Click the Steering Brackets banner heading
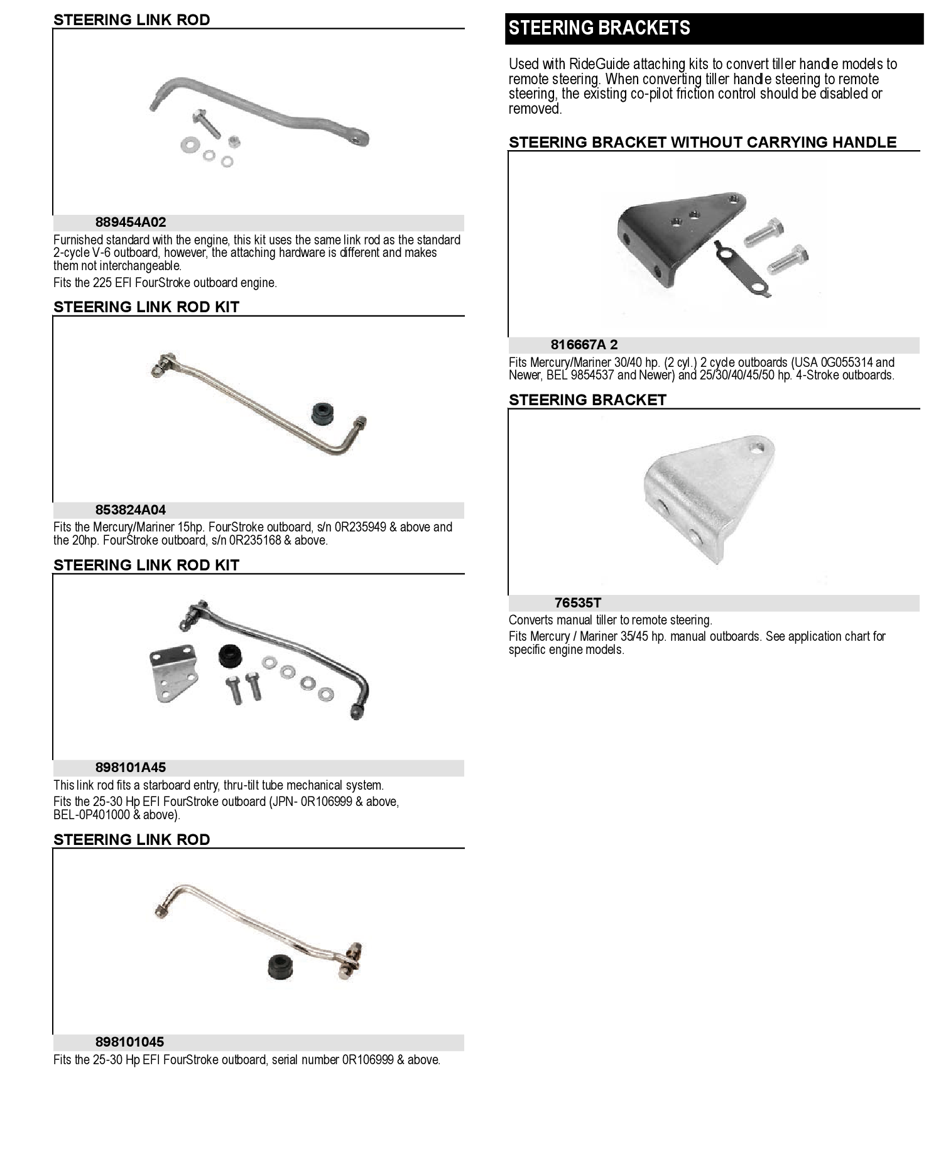(x=599, y=28)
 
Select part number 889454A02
(x=131, y=222)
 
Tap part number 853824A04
(x=131, y=510)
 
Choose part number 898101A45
(x=131, y=768)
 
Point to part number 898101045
(x=129, y=1042)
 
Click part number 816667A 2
(x=584, y=345)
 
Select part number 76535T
(x=578, y=603)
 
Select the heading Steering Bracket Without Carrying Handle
(x=702, y=143)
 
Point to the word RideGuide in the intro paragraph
(x=597, y=64)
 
